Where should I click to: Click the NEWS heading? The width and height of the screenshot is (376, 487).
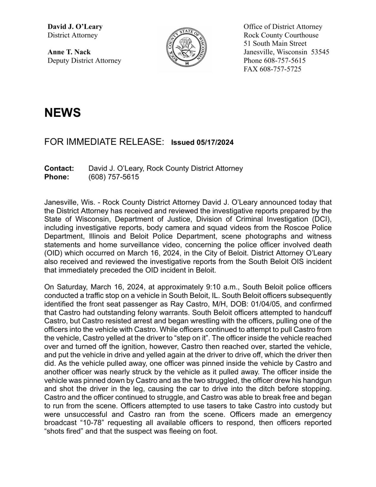(x=62, y=113)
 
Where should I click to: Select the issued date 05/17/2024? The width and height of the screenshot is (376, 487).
(x=215, y=142)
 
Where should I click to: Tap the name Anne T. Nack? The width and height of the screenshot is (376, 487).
(x=69, y=52)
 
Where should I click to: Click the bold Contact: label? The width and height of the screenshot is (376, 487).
(x=59, y=168)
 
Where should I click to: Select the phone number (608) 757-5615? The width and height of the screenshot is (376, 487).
(x=114, y=177)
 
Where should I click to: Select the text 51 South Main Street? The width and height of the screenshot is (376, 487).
(x=275, y=44)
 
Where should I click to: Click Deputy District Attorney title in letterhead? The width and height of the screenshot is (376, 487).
(x=84, y=61)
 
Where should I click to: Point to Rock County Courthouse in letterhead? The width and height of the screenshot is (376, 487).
(x=281, y=35)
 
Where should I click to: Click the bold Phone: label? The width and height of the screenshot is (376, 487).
(x=57, y=177)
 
